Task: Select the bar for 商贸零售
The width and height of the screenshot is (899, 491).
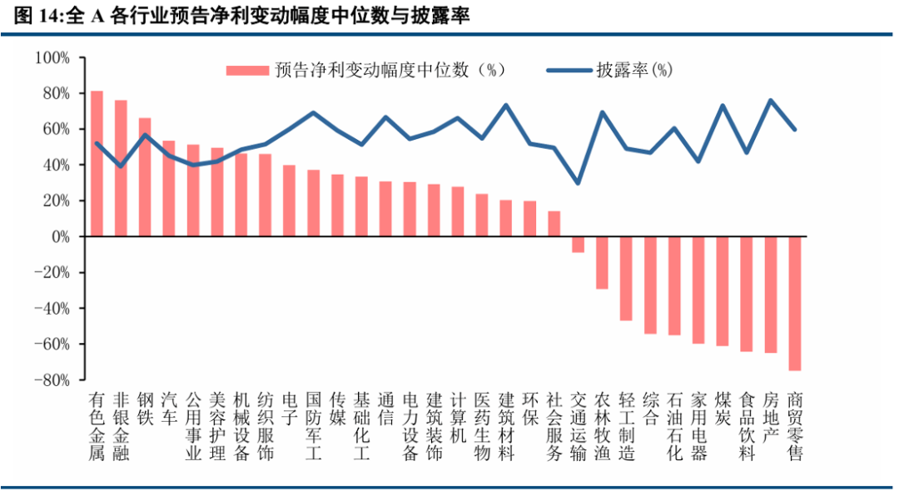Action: point(795,303)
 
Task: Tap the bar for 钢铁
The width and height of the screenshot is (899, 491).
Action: point(145,177)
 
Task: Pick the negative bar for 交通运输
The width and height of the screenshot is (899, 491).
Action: point(578,244)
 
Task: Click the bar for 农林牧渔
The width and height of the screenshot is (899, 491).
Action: point(602,262)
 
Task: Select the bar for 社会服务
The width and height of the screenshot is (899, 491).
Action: point(554,224)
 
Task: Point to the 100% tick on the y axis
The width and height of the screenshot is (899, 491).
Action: point(53,57)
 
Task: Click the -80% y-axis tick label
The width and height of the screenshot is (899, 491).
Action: point(52,379)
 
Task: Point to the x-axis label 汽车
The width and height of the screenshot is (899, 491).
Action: point(169,407)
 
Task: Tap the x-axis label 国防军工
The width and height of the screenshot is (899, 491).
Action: point(314,424)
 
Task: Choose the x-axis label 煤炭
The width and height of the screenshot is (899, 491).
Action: point(723,407)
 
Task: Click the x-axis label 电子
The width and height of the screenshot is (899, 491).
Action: point(290,407)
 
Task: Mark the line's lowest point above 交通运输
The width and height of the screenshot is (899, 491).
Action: point(578,183)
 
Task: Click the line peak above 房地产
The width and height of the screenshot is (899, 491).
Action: point(771,101)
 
